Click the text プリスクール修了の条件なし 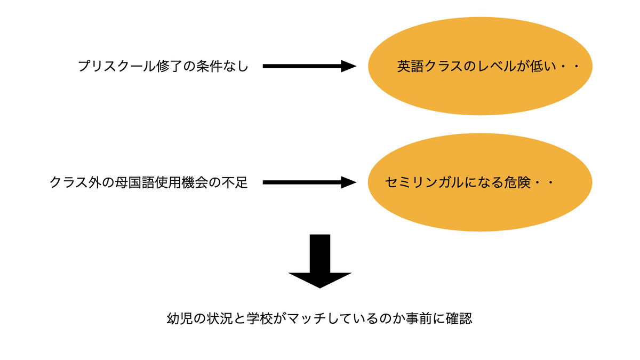point(163,67)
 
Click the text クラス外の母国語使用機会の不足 point(149,183)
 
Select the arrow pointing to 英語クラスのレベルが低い point(309,66)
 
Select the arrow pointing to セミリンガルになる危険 point(309,182)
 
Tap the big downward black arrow point(320,261)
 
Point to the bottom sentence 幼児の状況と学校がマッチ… point(319,320)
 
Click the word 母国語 point(145,183)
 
